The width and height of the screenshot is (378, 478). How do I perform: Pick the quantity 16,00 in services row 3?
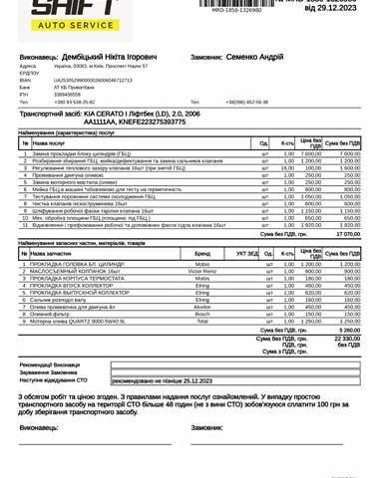pos(286,168)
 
